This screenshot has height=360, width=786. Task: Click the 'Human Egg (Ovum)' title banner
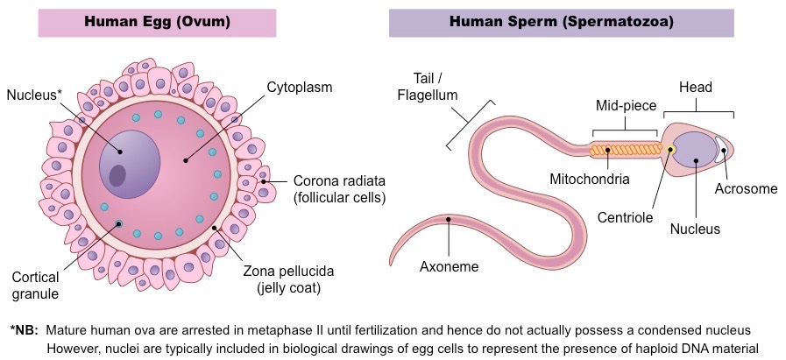point(158,22)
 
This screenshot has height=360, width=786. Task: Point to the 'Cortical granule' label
point(35,284)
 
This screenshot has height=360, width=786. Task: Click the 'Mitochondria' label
point(590,180)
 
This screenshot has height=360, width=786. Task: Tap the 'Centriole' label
point(625,217)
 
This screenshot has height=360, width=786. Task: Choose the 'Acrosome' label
point(745,188)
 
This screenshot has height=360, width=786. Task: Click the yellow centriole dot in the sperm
point(670,150)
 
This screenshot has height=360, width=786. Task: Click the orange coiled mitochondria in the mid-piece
point(624,150)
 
